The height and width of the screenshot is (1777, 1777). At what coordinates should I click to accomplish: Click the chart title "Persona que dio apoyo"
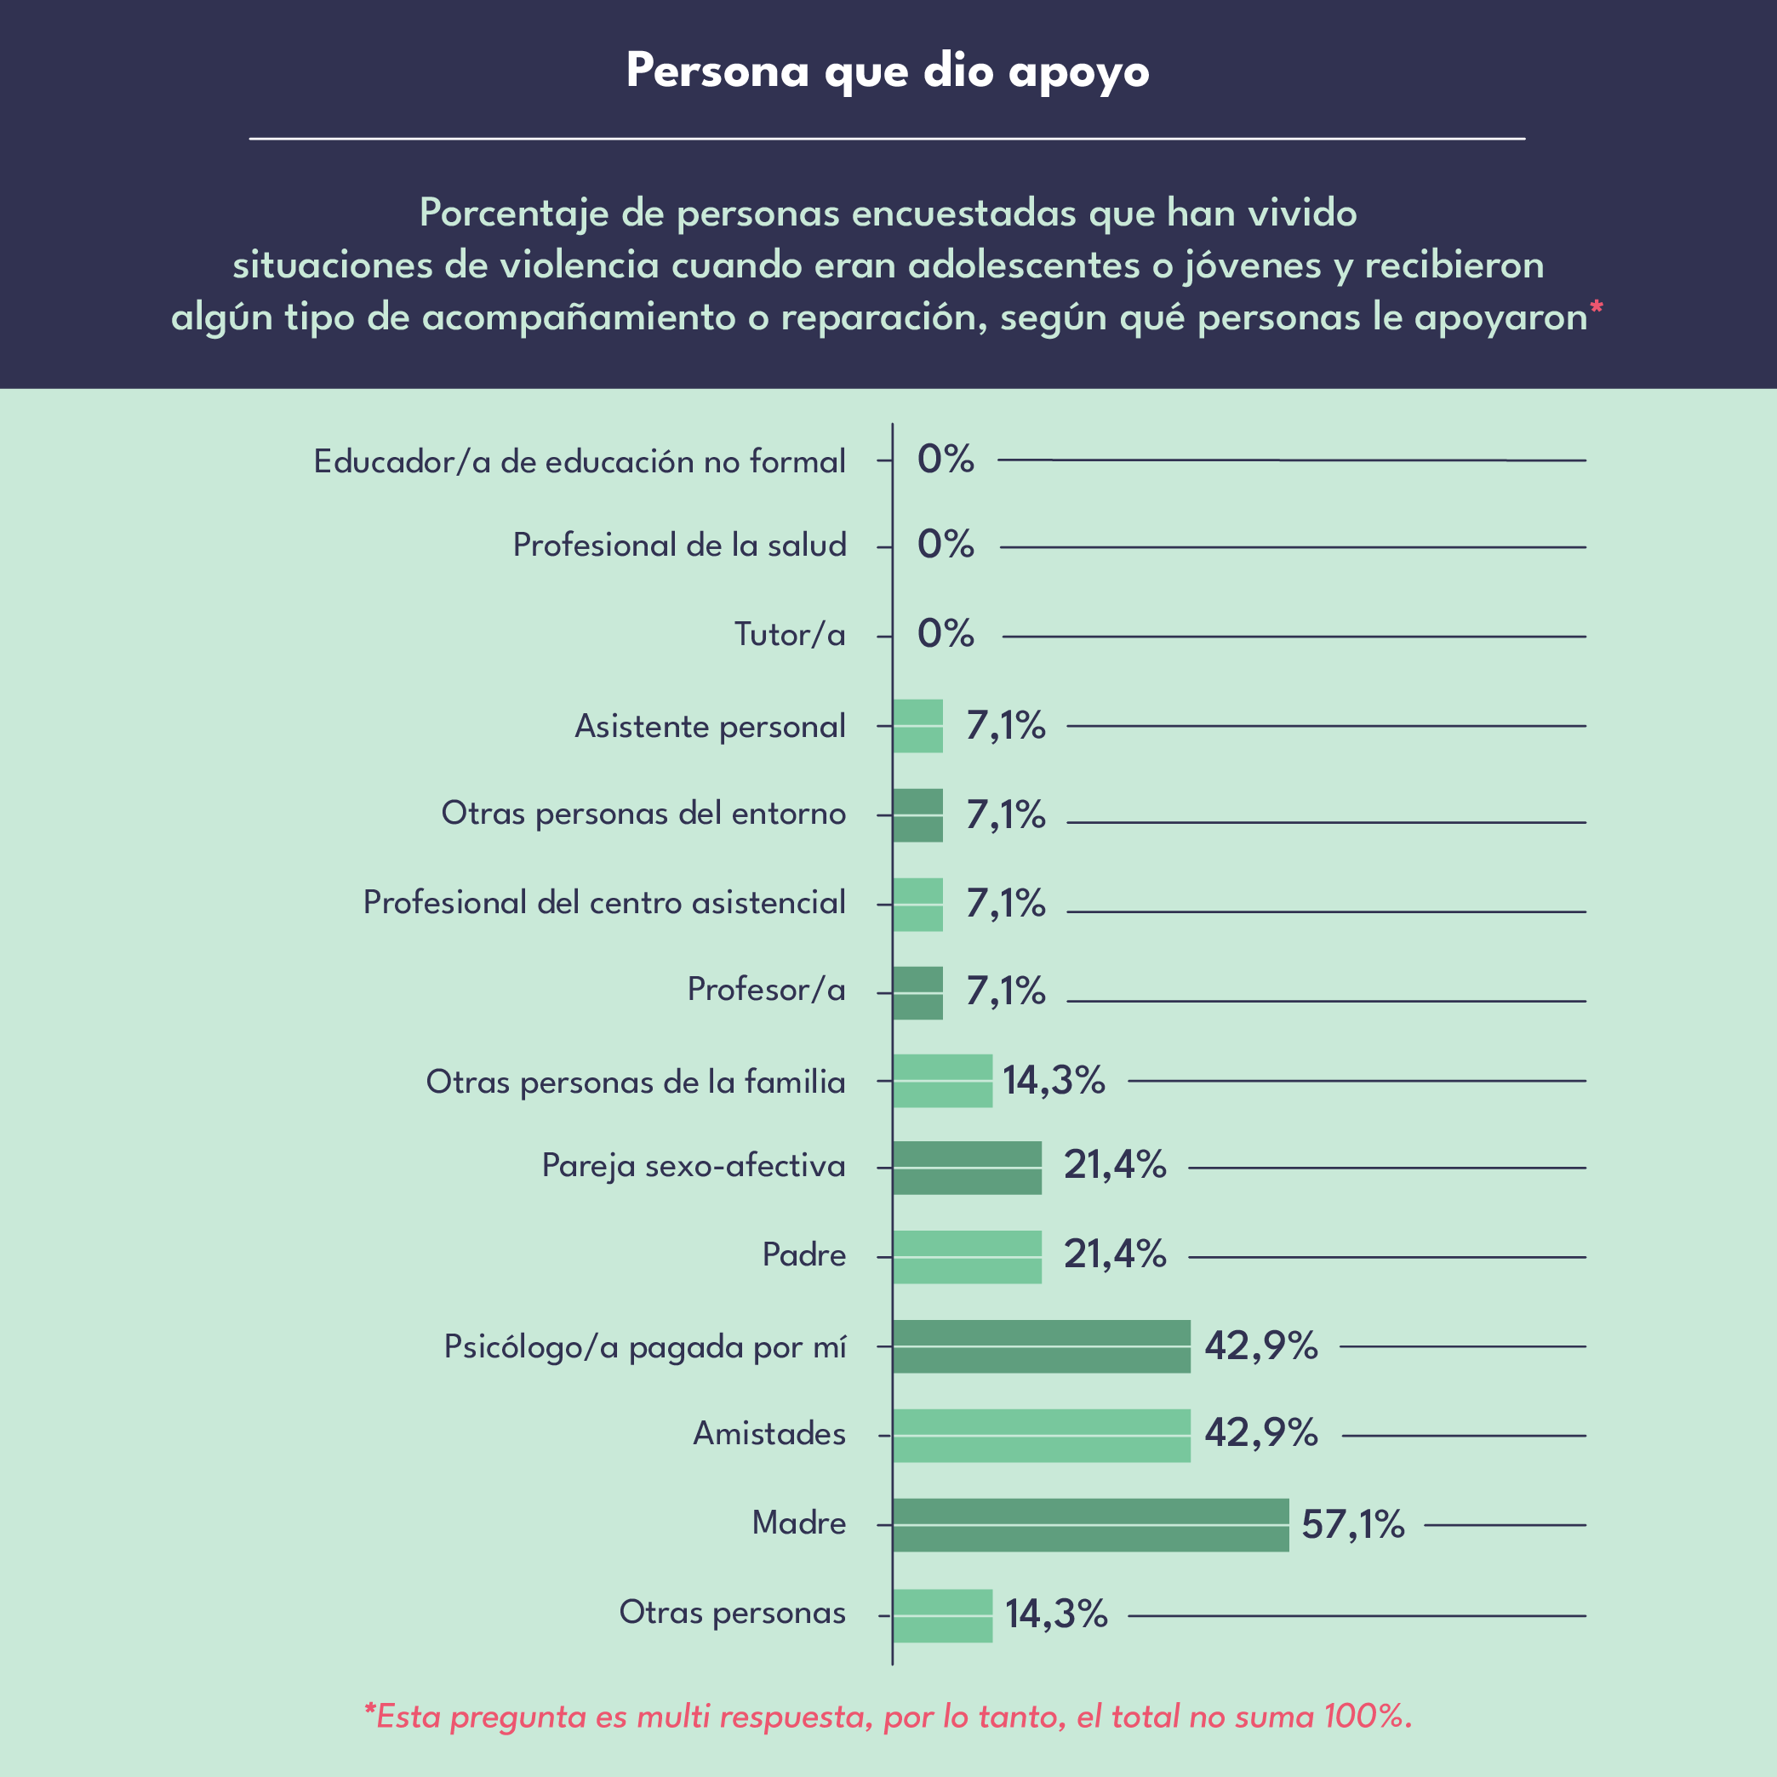[888, 71]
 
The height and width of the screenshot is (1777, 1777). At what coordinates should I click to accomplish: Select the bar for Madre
[1090, 1525]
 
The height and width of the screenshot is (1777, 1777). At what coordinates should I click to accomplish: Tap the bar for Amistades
[1041, 1436]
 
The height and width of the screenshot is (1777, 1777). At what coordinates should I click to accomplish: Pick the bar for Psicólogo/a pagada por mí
[1041, 1346]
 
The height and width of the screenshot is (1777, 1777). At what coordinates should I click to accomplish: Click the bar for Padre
[967, 1257]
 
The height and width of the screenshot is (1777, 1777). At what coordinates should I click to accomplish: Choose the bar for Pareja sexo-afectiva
[967, 1168]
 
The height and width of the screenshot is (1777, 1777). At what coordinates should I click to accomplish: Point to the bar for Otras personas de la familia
[942, 1081]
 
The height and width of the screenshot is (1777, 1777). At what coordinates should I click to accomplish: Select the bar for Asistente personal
[918, 727]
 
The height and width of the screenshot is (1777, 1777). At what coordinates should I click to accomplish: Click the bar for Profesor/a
[918, 993]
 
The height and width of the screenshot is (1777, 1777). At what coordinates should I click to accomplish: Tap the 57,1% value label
[1353, 1525]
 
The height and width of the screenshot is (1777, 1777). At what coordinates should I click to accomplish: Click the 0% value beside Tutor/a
[946, 634]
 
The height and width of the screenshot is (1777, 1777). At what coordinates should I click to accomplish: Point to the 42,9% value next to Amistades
[1261, 1433]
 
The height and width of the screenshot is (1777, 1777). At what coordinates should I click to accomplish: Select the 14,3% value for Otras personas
[1056, 1614]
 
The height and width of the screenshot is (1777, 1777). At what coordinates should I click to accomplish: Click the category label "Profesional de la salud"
[679, 546]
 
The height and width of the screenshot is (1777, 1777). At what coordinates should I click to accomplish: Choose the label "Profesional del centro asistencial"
[604, 902]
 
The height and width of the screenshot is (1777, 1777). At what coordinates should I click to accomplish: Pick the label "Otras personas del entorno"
[643, 813]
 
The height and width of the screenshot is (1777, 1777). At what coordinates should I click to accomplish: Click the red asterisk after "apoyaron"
[1597, 307]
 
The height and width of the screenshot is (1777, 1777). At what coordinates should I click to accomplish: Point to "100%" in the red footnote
[1365, 1717]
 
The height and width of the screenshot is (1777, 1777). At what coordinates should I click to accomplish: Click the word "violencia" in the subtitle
[580, 266]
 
